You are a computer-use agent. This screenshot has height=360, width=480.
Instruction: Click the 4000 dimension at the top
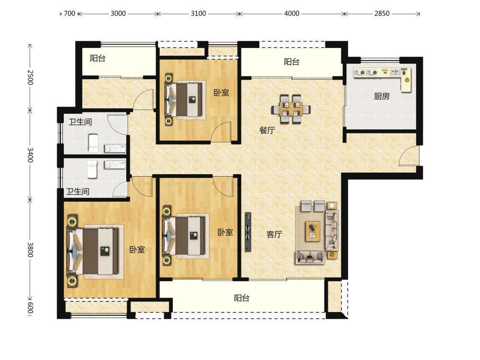[291, 13]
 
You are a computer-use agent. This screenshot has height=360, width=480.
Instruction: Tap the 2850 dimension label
[382, 13]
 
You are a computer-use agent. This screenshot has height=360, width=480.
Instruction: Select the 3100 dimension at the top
[198, 13]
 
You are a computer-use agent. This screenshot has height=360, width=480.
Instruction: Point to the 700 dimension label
[69, 13]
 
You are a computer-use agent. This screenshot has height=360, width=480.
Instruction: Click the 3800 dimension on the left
[30, 250]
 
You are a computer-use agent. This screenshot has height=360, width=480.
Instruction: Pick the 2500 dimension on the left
[30, 77]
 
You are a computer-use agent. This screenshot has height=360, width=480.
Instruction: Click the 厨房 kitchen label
[382, 96]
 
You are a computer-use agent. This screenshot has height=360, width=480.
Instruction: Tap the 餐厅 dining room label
[267, 130]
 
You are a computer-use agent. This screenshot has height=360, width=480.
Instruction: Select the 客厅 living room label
[274, 234]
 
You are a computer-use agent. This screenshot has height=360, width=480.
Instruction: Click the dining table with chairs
[291, 109]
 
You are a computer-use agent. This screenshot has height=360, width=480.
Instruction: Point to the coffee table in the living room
[312, 231]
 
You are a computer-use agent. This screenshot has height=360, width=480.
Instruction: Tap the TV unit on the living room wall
[248, 232]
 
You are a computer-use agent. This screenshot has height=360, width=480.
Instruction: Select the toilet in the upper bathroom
[93, 143]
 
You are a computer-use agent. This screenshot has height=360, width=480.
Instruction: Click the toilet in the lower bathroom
[92, 169]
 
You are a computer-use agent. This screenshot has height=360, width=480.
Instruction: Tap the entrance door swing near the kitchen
[408, 156]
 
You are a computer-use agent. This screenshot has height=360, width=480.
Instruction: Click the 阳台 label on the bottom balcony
[241, 298]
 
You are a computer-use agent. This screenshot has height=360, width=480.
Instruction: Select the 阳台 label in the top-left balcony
[97, 58]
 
